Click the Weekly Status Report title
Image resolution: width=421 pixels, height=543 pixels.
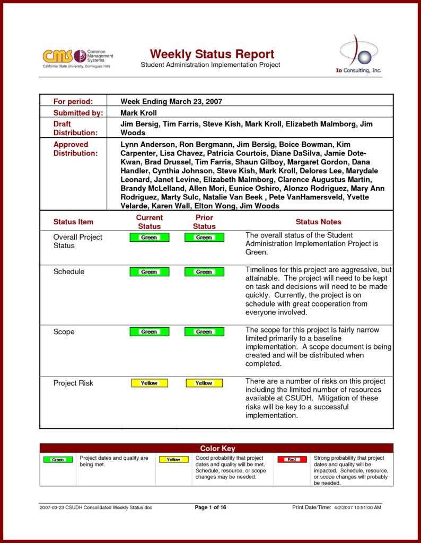click(x=212, y=54)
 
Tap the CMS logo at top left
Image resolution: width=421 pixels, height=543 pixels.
click(x=78, y=57)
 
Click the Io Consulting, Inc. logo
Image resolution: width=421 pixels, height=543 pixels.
click(x=360, y=56)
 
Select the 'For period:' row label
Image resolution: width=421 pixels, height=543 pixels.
click(x=73, y=101)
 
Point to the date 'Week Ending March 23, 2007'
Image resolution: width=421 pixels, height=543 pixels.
click(x=171, y=101)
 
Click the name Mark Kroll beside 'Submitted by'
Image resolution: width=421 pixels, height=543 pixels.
click(x=138, y=113)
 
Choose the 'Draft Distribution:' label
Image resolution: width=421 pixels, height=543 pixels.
click(x=75, y=128)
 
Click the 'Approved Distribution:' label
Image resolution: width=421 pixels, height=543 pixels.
click(x=75, y=149)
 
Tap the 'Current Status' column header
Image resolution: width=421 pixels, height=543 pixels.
click(x=150, y=222)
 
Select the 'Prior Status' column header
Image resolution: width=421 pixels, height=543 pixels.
click(x=204, y=222)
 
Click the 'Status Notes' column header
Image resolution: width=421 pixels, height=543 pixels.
click(x=318, y=222)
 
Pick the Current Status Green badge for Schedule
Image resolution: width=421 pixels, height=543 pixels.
click(x=150, y=272)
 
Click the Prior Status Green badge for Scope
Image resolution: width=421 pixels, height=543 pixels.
click(x=204, y=332)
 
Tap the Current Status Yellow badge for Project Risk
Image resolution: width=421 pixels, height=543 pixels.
click(x=150, y=383)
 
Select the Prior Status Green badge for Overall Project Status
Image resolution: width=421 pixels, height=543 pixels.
click(x=204, y=238)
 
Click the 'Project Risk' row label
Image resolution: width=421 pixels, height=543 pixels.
click(x=73, y=383)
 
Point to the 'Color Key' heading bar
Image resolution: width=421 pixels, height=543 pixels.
click(x=217, y=449)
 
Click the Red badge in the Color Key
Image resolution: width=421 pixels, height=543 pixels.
click(x=292, y=459)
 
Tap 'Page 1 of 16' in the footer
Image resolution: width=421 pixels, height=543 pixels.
click(x=210, y=507)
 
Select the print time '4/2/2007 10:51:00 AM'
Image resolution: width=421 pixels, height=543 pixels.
click(x=357, y=507)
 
